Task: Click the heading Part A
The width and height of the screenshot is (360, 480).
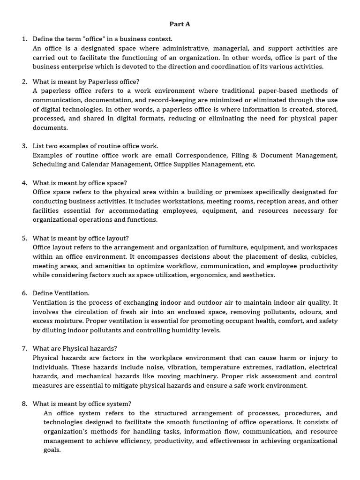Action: point(180,24)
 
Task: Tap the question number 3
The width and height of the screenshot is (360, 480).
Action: point(24,146)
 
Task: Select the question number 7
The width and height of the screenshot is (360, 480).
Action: point(24,349)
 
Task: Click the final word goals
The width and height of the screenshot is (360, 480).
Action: point(52,450)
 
